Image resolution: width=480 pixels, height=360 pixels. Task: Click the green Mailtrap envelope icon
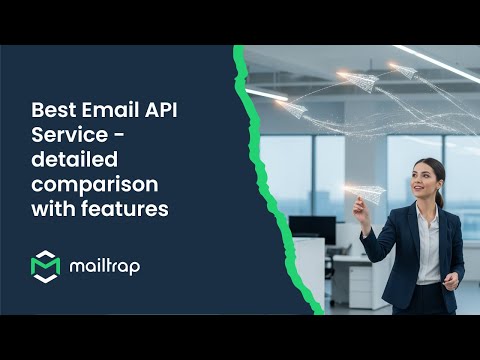[46, 267]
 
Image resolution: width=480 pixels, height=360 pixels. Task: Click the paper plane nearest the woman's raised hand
[370, 191]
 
